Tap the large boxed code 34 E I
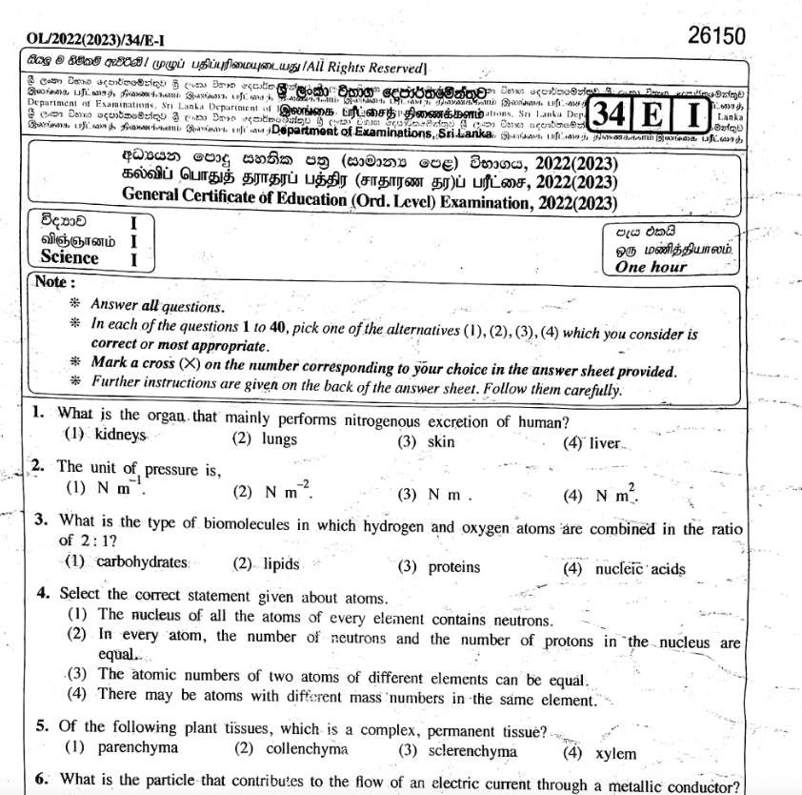click(x=649, y=117)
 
